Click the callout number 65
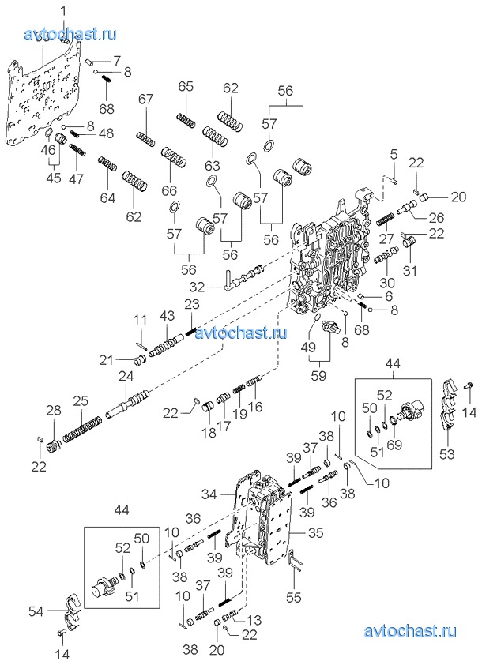(186, 86)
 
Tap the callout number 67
(145, 99)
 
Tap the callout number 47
(76, 178)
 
